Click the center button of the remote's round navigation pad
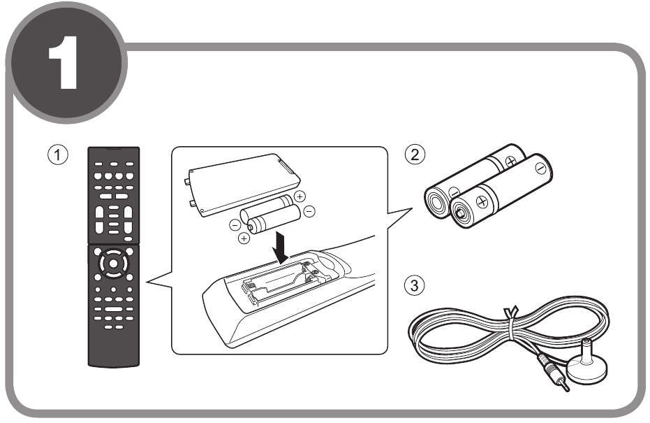click(113, 264)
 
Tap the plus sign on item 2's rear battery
click(511, 162)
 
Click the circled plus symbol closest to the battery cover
click(300, 196)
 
